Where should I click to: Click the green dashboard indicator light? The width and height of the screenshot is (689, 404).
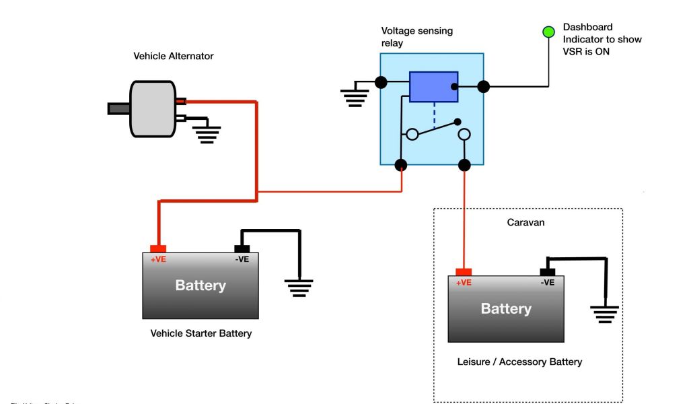point(548,31)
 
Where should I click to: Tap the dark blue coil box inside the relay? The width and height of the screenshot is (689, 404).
point(433,87)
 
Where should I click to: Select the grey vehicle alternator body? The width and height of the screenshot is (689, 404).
point(153,109)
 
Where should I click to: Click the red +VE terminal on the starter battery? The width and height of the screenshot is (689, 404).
point(158,249)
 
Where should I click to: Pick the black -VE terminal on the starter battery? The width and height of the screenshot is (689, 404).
point(242,249)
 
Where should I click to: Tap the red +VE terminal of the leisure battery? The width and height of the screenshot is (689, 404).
point(464,272)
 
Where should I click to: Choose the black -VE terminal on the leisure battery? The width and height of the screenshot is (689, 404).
point(548,272)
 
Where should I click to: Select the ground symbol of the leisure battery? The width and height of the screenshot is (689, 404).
point(604,313)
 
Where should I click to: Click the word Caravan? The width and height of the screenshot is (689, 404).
point(525,222)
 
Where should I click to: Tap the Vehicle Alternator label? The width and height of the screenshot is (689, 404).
point(174,57)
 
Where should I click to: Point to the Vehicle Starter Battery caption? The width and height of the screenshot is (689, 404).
point(201,333)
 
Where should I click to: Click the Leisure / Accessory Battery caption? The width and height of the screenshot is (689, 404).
point(519,362)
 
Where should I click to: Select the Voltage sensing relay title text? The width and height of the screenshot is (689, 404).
point(417,36)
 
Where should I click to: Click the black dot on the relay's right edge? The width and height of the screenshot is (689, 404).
point(483,86)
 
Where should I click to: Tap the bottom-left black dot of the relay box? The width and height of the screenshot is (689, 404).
point(401,164)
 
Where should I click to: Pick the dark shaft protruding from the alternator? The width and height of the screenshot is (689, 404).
point(118,108)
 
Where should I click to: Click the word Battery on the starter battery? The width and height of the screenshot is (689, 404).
point(201,285)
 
